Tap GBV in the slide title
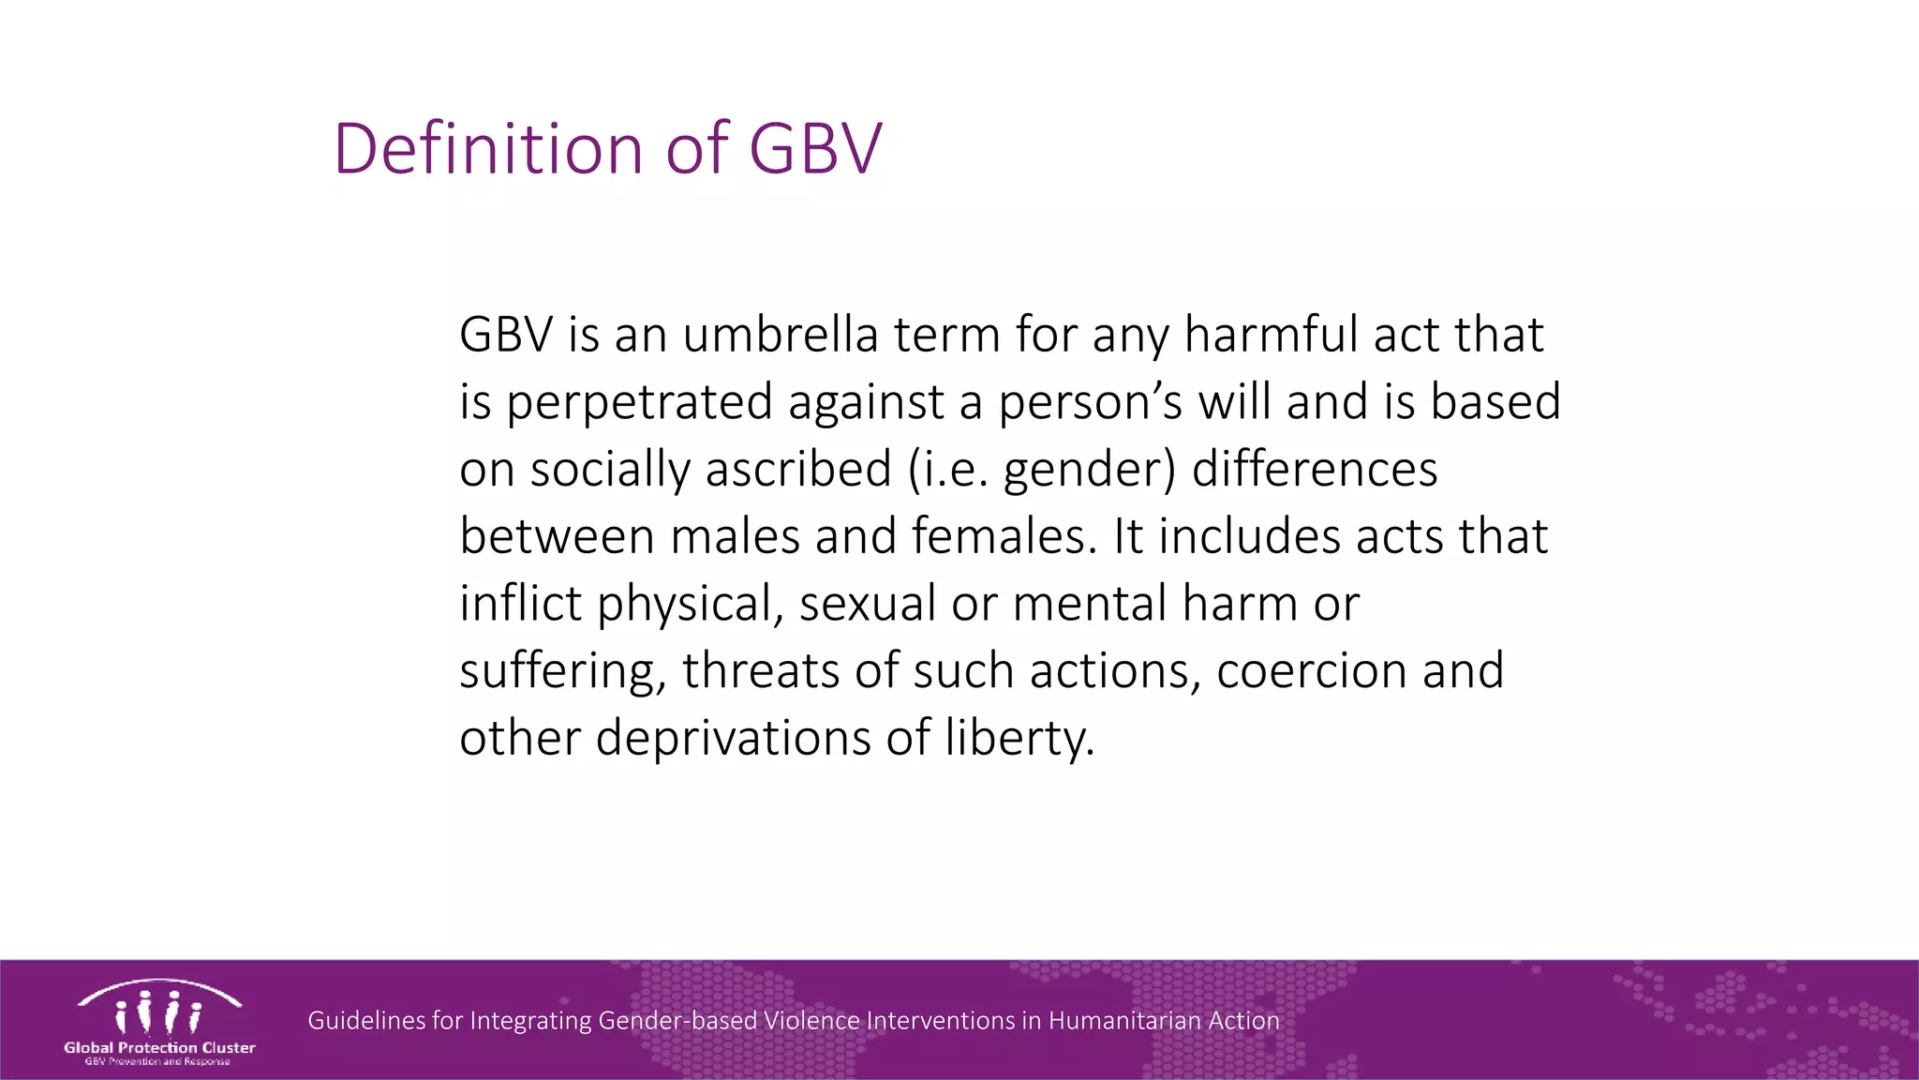(815, 149)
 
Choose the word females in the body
(1002, 537)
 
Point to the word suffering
(562, 672)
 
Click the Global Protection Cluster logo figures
(158, 1010)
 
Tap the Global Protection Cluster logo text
(159, 1048)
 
